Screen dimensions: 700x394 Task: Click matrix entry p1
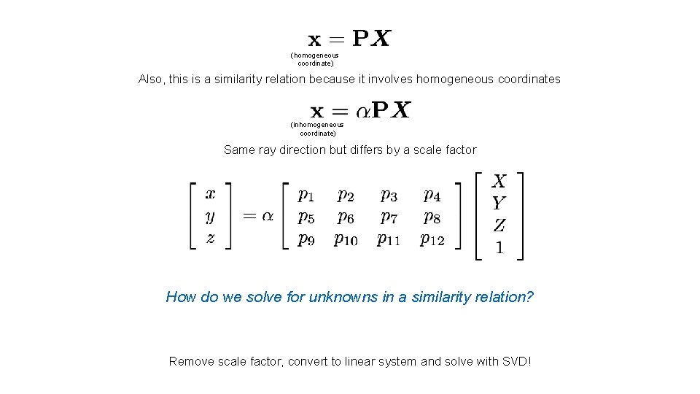point(306,195)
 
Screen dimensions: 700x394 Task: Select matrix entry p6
point(346,217)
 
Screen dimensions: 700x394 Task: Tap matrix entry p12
point(432,239)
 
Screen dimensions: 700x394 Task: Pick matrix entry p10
point(346,239)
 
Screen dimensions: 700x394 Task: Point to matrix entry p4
point(432,195)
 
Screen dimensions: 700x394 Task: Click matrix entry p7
point(389,217)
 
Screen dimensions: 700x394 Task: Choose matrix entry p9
point(306,239)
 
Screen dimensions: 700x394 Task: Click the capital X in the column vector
point(499,181)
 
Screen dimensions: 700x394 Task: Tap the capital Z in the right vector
point(499,225)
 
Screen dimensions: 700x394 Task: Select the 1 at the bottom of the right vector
point(499,248)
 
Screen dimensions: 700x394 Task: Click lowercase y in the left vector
point(210,216)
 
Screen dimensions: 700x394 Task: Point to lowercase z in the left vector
point(210,238)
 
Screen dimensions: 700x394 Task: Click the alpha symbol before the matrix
point(268,216)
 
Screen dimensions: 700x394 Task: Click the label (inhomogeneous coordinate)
point(317,129)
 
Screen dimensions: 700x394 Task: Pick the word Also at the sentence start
point(151,79)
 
